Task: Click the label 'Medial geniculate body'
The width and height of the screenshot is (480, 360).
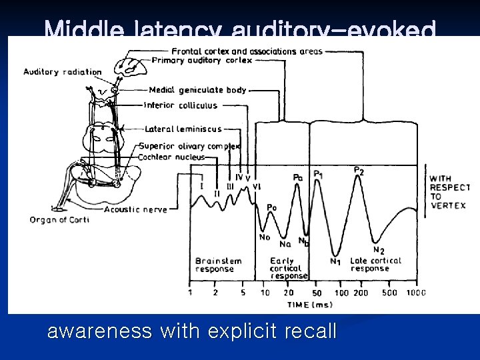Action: coord(197,90)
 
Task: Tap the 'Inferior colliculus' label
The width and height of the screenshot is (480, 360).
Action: coord(181,105)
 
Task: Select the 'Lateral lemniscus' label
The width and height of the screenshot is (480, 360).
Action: coord(184,129)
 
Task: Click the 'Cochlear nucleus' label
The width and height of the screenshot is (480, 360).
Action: coord(172,157)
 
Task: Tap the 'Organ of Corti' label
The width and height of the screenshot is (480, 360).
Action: coord(59,220)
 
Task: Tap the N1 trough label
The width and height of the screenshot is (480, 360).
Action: coord(335,261)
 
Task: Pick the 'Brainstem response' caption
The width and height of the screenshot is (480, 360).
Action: coord(215,265)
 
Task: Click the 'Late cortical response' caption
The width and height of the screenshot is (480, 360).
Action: coord(375,265)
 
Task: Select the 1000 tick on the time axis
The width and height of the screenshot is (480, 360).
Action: coord(417,292)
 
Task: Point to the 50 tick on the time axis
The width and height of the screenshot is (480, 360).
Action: coord(317,293)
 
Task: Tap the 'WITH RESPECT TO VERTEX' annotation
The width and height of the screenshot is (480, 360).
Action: coord(447,192)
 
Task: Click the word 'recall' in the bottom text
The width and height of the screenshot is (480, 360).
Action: coord(307,331)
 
